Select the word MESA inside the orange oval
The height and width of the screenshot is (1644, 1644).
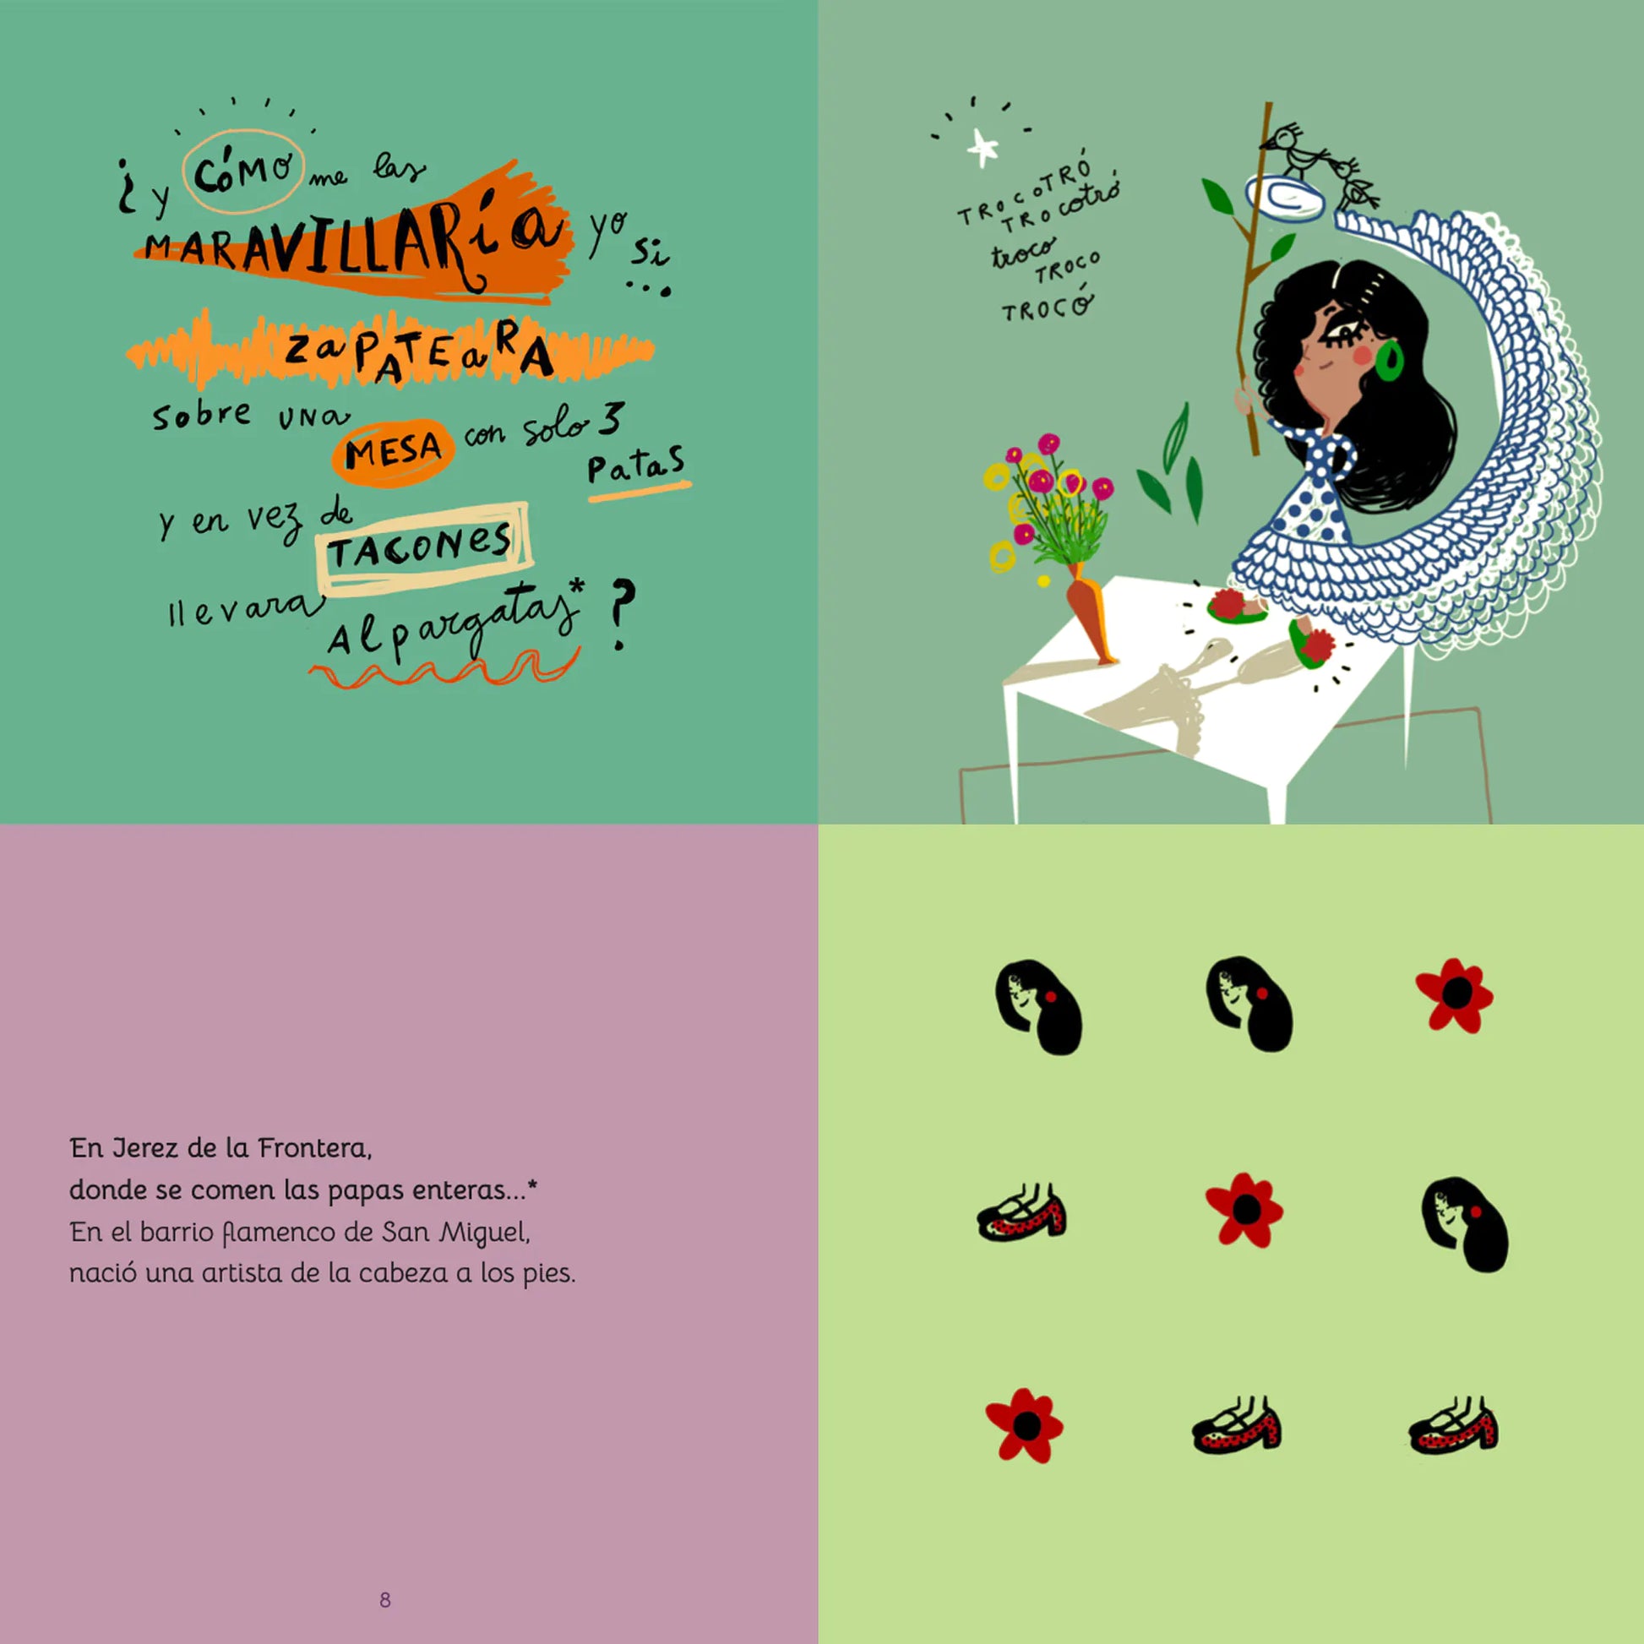[393, 450]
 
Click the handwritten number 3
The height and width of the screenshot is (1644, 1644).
[609, 420]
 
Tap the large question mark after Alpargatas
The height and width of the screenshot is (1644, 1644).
[622, 615]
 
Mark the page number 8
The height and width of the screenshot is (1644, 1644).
[384, 1600]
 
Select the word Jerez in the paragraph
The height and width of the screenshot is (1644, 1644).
[146, 1150]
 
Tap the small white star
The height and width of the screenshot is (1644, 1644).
[983, 149]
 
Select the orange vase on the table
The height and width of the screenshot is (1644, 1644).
[1088, 615]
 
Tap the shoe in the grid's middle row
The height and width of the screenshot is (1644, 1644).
[1022, 1211]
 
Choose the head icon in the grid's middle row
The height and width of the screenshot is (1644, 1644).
[1465, 1226]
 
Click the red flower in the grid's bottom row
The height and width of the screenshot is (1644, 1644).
[1025, 1426]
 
